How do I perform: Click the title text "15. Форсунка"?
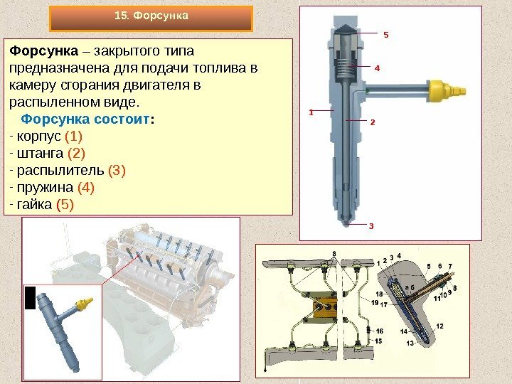(x=151, y=16)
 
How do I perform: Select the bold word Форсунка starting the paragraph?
(x=44, y=51)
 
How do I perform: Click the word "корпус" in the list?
(x=39, y=137)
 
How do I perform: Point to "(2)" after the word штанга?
(x=76, y=154)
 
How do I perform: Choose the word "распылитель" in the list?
(x=60, y=171)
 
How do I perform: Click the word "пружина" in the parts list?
(x=45, y=188)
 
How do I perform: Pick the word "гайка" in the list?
(x=34, y=204)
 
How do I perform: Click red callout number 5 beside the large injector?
(x=386, y=35)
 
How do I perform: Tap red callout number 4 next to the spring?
(x=377, y=68)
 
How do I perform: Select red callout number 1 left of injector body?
(x=311, y=112)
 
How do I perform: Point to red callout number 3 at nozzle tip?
(x=371, y=225)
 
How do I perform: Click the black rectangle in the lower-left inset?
(x=31, y=298)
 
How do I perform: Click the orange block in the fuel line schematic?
(x=324, y=307)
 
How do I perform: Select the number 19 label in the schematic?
(x=375, y=302)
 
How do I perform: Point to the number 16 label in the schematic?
(x=379, y=331)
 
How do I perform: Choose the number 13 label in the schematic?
(x=410, y=343)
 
